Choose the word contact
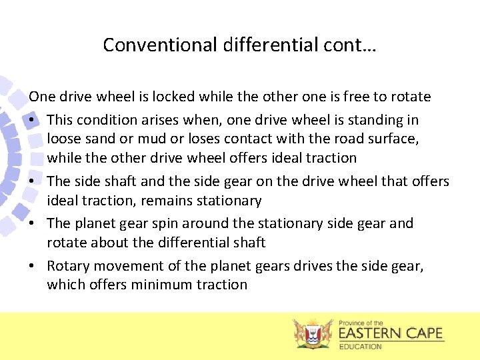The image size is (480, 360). click(x=233, y=139)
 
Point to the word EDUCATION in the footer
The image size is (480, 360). click(x=361, y=347)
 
